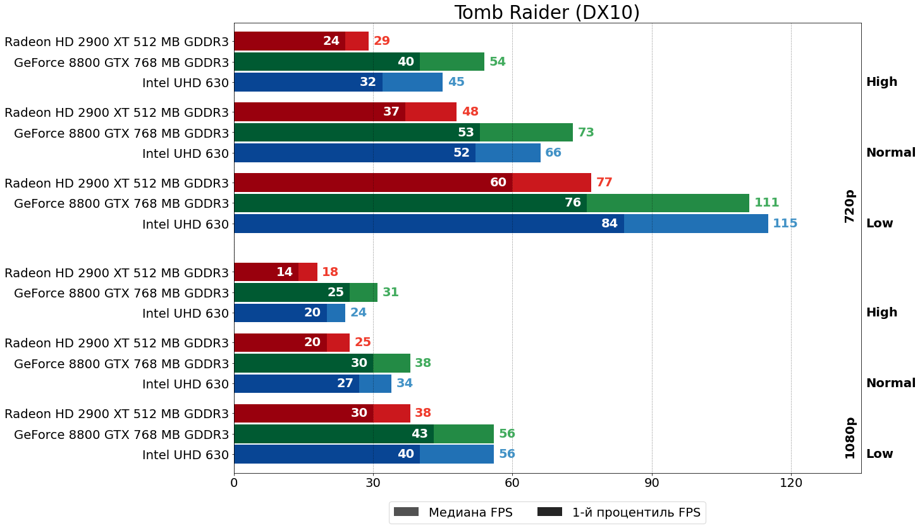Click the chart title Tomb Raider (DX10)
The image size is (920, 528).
click(x=547, y=13)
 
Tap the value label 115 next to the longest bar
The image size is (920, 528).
click(x=785, y=224)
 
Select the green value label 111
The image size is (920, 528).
click(x=766, y=203)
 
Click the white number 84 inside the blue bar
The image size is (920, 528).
click(x=610, y=224)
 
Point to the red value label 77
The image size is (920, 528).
click(x=604, y=183)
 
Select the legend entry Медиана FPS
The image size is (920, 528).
click(x=453, y=512)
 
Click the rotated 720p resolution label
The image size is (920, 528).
click(x=850, y=206)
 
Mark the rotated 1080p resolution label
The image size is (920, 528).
click(x=850, y=438)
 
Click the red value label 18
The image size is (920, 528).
click(x=330, y=272)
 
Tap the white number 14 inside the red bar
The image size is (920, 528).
click(x=285, y=272)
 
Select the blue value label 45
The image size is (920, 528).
click(x=456, y=82)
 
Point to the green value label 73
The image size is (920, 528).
click(x=586, y=133)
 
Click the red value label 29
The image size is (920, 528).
click(x=381, y=41)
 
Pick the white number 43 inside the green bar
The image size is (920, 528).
click(x=420, y=434)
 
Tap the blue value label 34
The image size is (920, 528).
click(x=404, y=383)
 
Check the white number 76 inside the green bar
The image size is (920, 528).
click(x=572, y=203)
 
